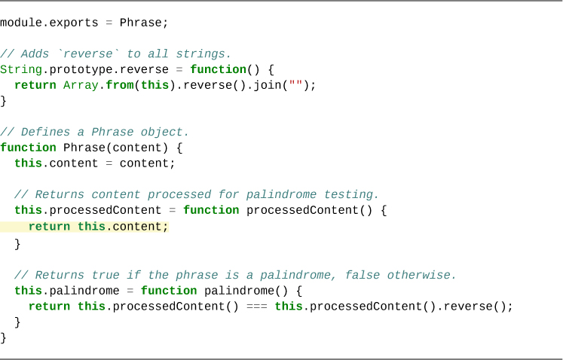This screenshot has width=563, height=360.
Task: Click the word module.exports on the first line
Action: pyautogui.click(x=49, y=23)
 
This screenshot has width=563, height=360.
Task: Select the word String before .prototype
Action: pyautogui.click(x=20, y=69)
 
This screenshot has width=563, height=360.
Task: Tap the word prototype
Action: pyautogui.click(x=74, y=69)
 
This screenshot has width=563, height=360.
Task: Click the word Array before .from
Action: pyautogui.click(x=81, y=85)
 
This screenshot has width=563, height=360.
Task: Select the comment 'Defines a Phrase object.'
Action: pyautogui.click(x=95, y=132)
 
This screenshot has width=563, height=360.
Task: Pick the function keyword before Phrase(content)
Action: pyautogui.click(x=28, y=148)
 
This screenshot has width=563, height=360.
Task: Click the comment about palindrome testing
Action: pyautogui.click(x=197, y=194)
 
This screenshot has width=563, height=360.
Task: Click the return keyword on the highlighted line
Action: pyautogui.click(x=49, y=227)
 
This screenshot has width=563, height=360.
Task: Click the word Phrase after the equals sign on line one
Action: pyautogui.click(x=141, y=23)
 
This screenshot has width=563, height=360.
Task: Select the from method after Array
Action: pyautogui.click(x=120, y=85)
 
